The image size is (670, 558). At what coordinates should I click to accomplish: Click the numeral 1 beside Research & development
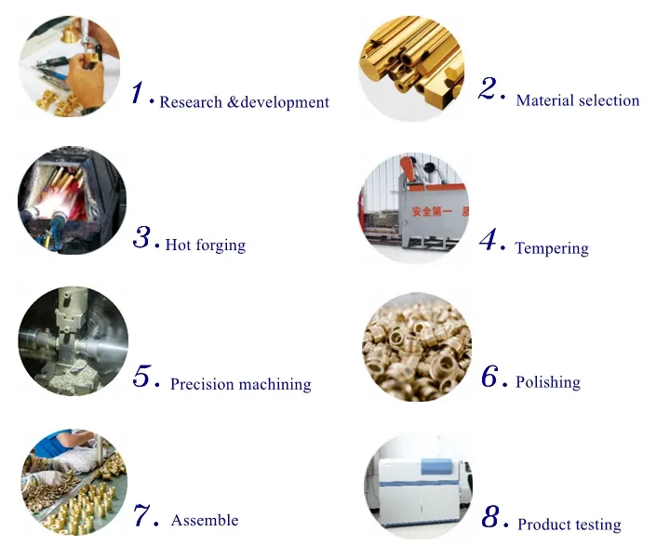(x=140, y=92)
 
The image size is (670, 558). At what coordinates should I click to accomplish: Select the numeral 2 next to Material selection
(x=490, y=89)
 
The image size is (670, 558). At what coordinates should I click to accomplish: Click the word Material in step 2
(x=544, y=100)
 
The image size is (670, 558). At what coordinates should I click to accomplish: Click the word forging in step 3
(x=221, y=246)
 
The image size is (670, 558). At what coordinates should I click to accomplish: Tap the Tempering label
(x=552, y=248)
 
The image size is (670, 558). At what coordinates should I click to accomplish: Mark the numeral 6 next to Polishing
(x=492, y=377)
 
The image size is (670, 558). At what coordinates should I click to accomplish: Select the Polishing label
(x=548, y=382)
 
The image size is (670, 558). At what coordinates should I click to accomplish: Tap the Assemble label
(x=205, y=521)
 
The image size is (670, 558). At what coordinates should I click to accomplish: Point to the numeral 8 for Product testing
(x=492, y=517)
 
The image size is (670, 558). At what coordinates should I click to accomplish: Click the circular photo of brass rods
(x=411, y=68)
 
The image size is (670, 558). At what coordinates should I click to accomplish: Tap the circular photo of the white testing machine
(x=414, y=485)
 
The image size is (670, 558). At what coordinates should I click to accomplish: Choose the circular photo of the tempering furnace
(x=410, y=208)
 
